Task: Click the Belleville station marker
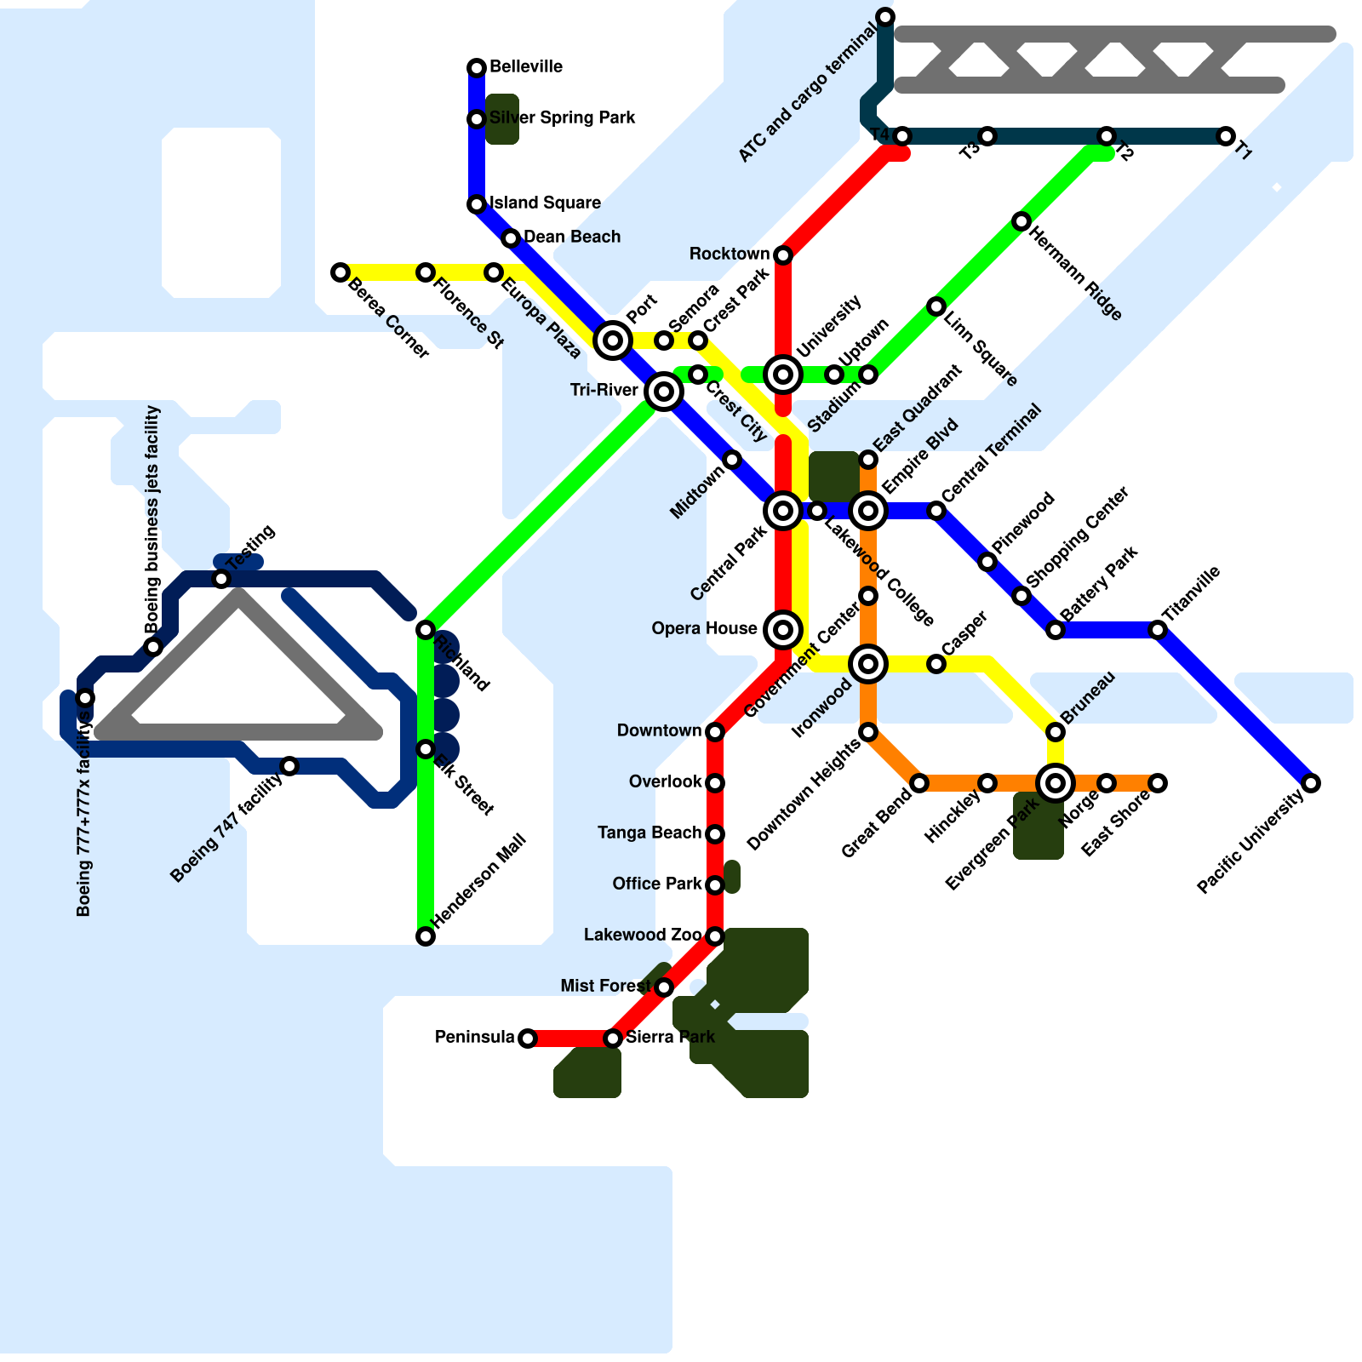click(x=477, y=68)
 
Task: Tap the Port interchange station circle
click(x=613, y=340)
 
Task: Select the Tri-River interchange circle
click(x=664, y=392)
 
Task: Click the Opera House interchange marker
click(x=783, y=630)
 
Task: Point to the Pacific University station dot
click(x=1311, y=783)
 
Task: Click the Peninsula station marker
click(x=528, y=1039)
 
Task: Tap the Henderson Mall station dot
click(x=426, y=936)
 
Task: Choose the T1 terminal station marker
click(x=1226, y=136)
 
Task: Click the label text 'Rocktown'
click(x=729, y=255)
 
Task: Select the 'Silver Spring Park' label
click(x=562, y=118)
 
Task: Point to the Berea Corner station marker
click(x=340, y=272)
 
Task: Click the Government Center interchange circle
click(x=868, y=664)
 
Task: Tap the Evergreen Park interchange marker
click(x=1056, y=783)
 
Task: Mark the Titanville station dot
click(x=1158, y=630)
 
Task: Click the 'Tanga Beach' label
click(x=649, y=833)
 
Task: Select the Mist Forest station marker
click(x=664, y=987)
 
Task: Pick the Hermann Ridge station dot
click(x=1021, y=221)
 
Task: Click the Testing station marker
click(x=221, y=579)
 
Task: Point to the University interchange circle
click(x=783, y=375)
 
